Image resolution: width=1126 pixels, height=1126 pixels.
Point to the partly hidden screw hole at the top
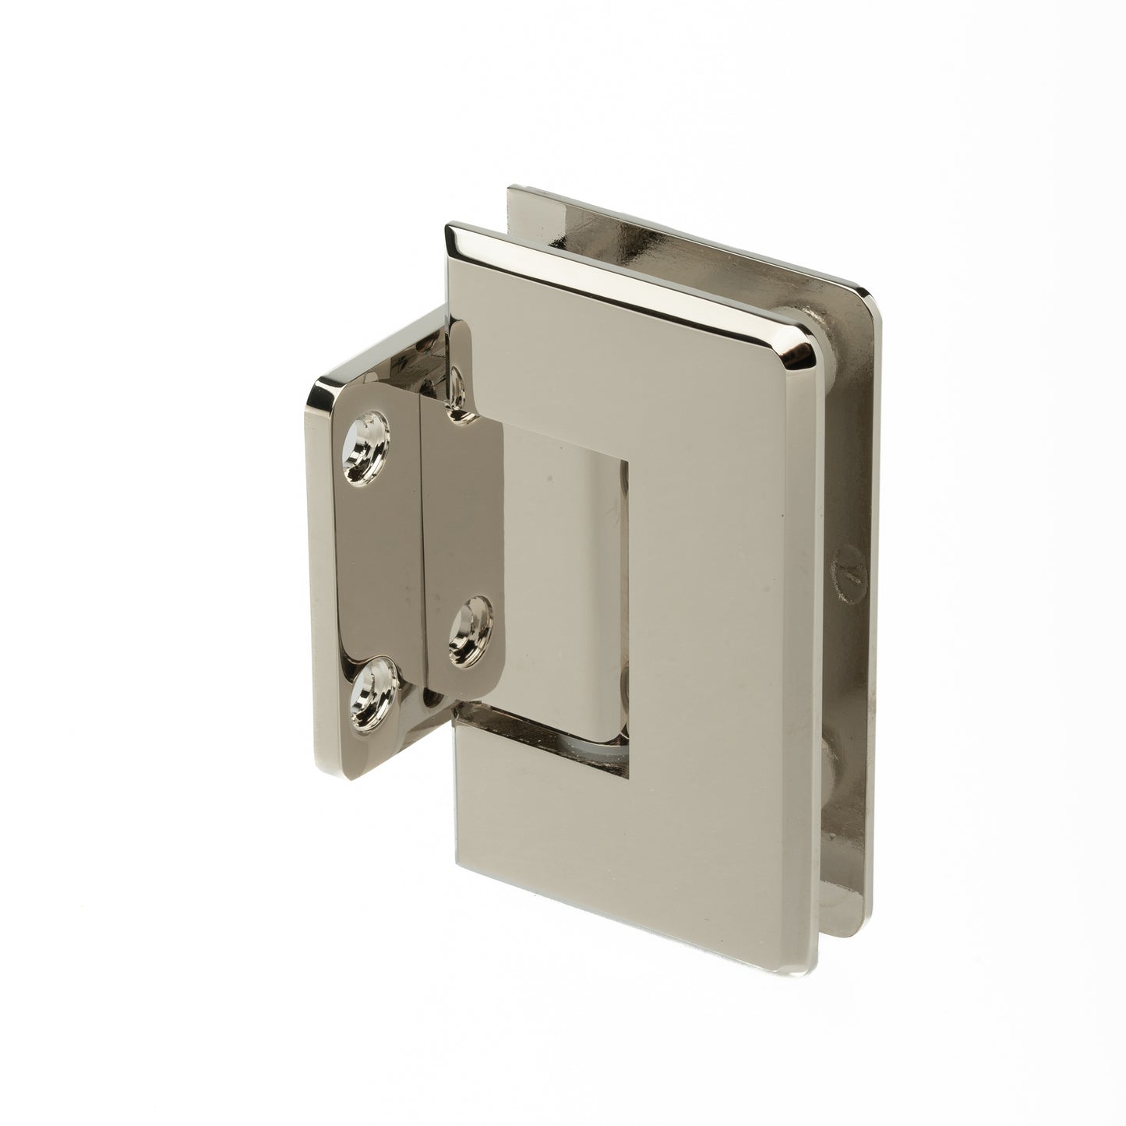point(456,383)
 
